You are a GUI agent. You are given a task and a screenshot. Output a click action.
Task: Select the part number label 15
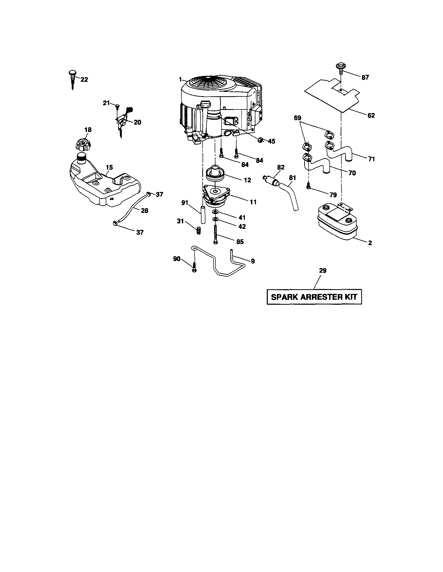pos(109,167)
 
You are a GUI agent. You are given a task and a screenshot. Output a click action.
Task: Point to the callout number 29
pos(323,271)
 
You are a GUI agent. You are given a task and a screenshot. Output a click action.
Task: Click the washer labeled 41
pos(215,212)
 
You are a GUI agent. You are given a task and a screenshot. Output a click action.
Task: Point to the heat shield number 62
pos(333,96)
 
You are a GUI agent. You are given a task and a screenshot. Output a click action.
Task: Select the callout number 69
pos(297,118)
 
